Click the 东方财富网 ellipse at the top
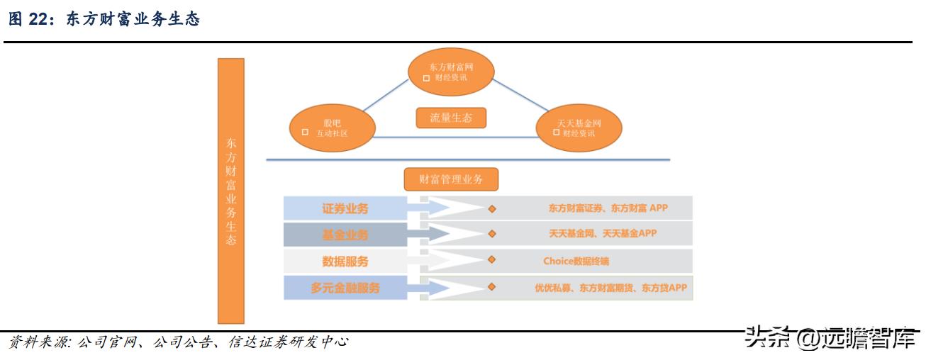click(x=451, y=72)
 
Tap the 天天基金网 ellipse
click(x=579, y=128)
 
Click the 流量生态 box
click(x=451, y=118)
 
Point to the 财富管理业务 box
click(x=451, y=179)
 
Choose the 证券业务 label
click(x=345, y=208)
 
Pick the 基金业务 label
click(x=345, y=235)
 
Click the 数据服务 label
click(x=345, y=261)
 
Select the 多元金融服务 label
click(x=345, y=288)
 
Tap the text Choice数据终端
click(x=576, y=261)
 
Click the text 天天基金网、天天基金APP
click(x=603, y=233)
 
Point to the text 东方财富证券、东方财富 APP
click(x=608, y=208)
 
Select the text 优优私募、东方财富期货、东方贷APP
click(x=610, y=288)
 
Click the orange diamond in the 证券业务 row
click(x=492, y=208)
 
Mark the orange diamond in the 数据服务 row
click(x=492, y=260)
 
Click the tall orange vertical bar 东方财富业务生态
click(x=231, y=191)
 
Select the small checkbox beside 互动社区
click(x=305, y=133)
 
